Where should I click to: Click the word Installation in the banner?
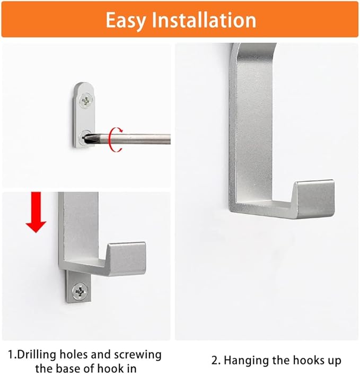pyautogui.click(x=204, y=20)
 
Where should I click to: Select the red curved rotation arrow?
pyautogui.click(x=112, y=138)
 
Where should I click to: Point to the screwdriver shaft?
pyautogui.click(x=143, y=139)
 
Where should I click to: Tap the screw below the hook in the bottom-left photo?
pyautogui.click(x=80, y=290)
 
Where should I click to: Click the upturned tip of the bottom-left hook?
pyautogui.click(x=127, y=258)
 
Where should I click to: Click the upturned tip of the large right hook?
pyautogui.click(x=314, y=197)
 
